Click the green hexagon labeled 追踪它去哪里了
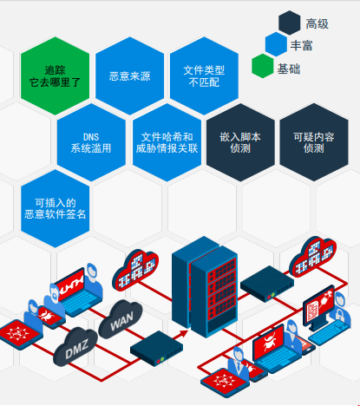(55, 75)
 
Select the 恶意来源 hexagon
(129, 75)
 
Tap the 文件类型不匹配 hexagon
(204, 75)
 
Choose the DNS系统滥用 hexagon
(91, 142)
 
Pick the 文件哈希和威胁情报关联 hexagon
(167, 142)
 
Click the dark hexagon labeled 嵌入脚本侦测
(240, 142)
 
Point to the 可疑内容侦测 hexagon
(314, 142)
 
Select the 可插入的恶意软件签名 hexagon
(55, 208)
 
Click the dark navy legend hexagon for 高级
(290, 23)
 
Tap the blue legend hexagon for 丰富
(276, 44)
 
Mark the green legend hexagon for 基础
(263, 66)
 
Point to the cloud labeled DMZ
(75, 347)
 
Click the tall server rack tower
(205, 286)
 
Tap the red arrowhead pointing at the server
(184, 333)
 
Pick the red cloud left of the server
(135, 270)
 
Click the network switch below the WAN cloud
(156, 349)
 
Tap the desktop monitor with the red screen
(319, 308)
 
